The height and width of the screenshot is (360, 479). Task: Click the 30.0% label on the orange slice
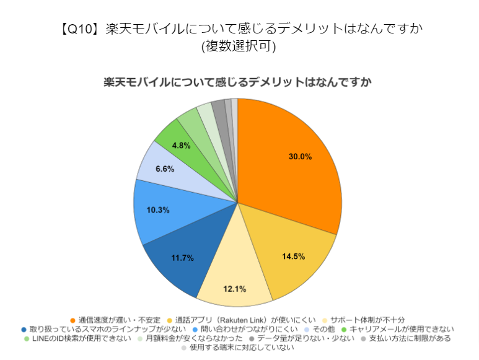coord(300,157)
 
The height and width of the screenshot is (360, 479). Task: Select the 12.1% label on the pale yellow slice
coord(234,288)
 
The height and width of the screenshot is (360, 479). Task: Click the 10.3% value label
coord(158,209)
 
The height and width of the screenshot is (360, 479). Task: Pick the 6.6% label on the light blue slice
coord(164,169)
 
